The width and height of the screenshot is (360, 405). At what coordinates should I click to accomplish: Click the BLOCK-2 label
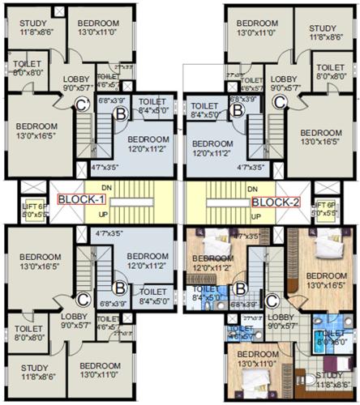coord(276,202)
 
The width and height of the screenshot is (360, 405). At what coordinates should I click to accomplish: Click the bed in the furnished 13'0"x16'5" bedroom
coord(328,243)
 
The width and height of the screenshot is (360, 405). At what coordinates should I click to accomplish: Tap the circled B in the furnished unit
coord(240,287)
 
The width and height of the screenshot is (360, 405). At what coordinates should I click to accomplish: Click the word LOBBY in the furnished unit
coord(281,317)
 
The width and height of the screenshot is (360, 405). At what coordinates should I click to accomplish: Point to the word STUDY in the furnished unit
coord(329,375)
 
